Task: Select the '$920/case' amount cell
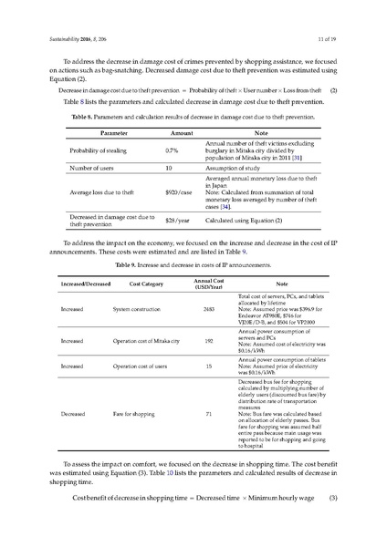point(178,192)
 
